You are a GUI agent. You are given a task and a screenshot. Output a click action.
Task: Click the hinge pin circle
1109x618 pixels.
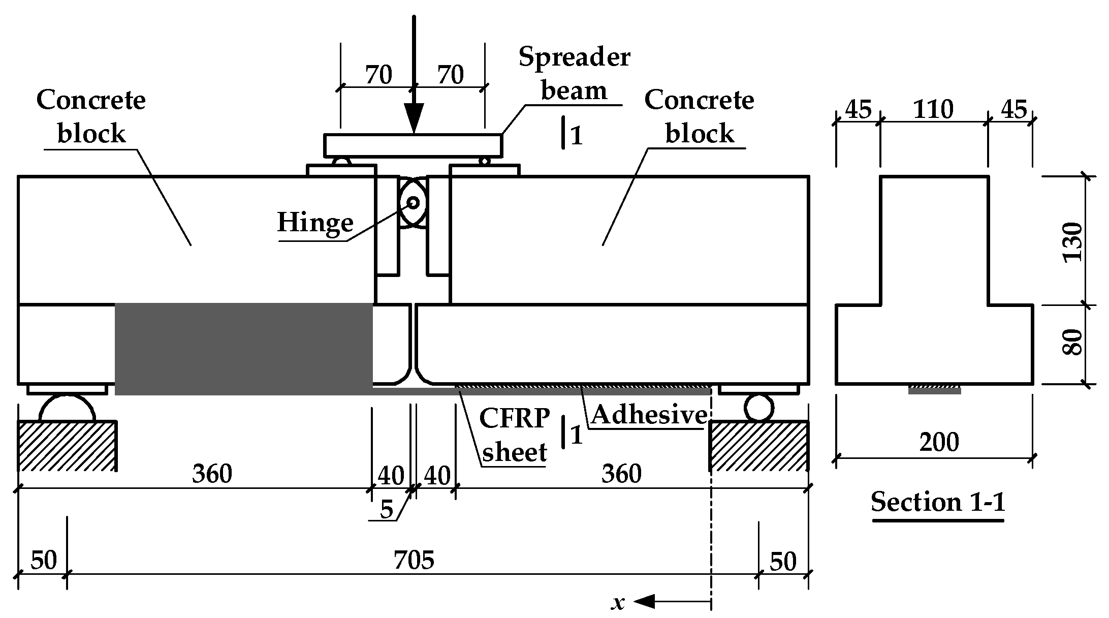(x=413, y=203)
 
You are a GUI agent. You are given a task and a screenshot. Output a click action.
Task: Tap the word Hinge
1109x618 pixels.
(x=315, y=223)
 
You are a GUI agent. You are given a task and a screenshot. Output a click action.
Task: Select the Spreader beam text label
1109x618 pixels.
(x=574, y=74)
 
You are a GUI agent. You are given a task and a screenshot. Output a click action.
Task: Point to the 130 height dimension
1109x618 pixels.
(x=1072, y=241)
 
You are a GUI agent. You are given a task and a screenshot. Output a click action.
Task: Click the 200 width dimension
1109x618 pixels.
(x=939, y=442)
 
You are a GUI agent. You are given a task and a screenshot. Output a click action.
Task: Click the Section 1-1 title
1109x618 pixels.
(x=938, y=502)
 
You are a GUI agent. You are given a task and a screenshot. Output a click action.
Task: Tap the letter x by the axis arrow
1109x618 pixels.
(x=618, y=603)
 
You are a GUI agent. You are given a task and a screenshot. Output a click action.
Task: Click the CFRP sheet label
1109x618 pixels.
(x=514, y=435)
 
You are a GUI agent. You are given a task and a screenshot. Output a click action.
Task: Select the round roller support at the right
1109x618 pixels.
(x=758, y=408)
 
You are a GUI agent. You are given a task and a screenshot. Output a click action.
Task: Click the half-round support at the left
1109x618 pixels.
(x=67, y=410)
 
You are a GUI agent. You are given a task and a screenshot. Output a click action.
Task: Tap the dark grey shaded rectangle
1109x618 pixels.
(x=244, y=348)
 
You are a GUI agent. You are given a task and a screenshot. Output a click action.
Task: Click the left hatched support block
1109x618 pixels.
(x=67, y=446)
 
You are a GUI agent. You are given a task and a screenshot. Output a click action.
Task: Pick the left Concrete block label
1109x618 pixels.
(x=91, y=116)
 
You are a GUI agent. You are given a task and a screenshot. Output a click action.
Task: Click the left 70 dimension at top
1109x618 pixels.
(x=378, y=76)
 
